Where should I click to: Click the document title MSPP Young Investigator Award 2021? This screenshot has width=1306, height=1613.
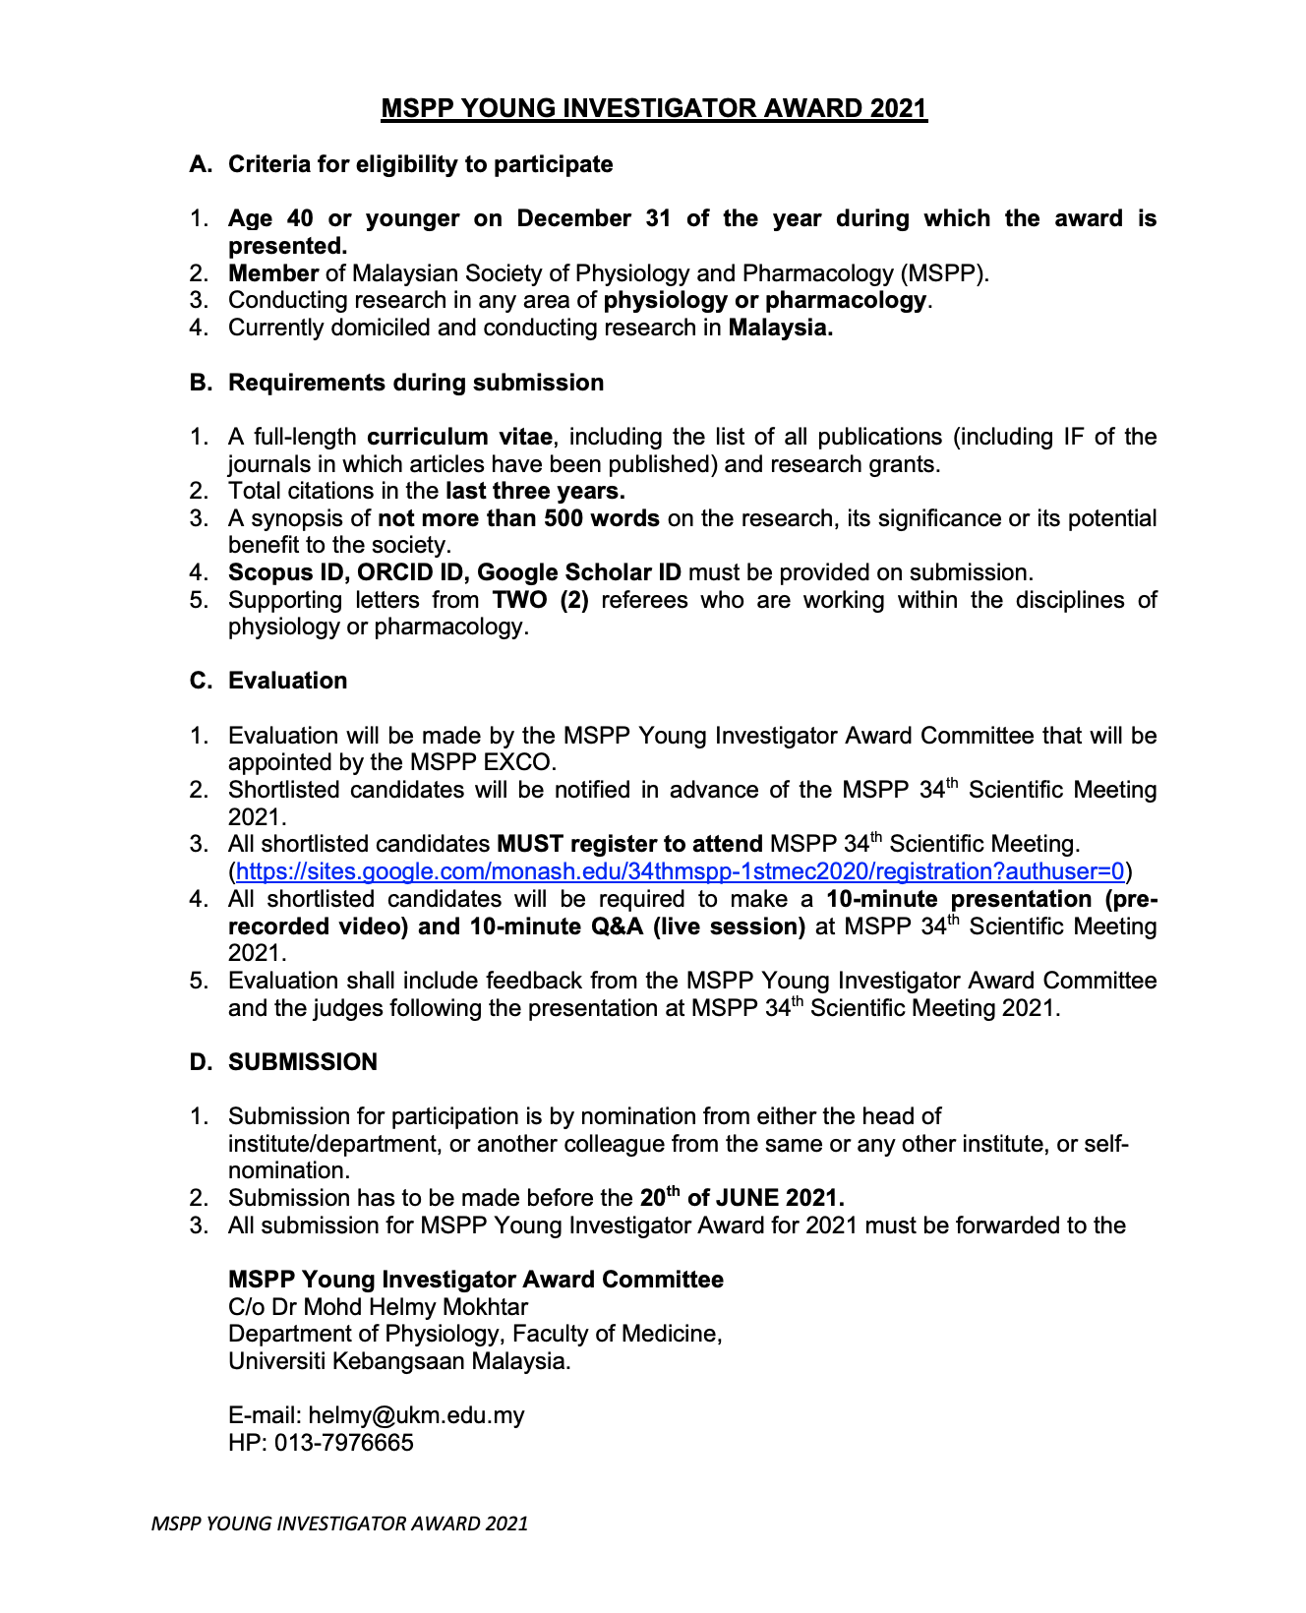(654, 108)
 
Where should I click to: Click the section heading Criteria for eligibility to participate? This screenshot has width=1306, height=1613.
(420, 164)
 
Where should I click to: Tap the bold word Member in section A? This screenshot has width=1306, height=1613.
(273, 273)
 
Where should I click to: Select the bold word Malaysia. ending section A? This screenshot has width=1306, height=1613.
(780, 328)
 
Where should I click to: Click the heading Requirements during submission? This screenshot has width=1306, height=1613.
(415, 383)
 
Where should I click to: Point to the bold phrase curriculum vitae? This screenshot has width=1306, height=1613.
(459, 437)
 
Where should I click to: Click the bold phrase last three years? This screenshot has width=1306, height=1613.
(535, 491)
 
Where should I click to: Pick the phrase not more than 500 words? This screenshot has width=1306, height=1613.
(518, 518)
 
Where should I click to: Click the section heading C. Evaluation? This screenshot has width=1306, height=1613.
(287, 681)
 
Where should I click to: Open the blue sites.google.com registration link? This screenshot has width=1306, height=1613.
(680, 871)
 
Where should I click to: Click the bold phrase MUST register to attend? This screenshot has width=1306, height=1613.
(629, 844)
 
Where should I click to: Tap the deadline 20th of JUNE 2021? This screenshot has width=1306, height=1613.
(742, 1198)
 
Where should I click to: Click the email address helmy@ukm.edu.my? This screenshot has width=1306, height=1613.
(416, 1415)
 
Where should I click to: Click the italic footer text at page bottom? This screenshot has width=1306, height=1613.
(339, 1523)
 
